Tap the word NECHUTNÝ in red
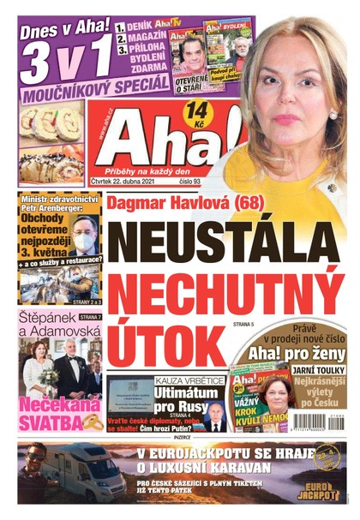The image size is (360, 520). coord(227,295)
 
